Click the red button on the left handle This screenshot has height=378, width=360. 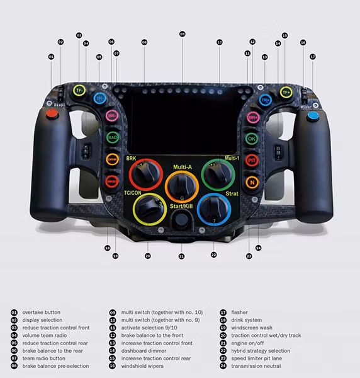click(52, 114)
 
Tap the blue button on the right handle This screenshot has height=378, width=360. click(312, 116)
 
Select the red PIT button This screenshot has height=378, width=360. click(252, 160)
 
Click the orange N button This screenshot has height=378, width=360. click(252, 183)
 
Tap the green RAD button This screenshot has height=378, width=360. click(112, 137)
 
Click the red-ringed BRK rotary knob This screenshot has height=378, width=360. click(146, 175)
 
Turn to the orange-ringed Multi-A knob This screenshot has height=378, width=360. click(182, 186)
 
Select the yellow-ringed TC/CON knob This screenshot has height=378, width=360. click(150, 209)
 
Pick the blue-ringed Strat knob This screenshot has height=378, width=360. click(214, 209)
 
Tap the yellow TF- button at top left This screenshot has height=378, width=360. click(79, 91)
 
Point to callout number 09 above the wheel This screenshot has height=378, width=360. click(183, 33)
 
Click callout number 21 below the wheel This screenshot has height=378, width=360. click(181, 256)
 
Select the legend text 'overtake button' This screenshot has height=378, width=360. click(42, 312)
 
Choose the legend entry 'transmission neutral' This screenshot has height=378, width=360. click(256, 366)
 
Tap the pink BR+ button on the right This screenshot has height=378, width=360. click(253, 117)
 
